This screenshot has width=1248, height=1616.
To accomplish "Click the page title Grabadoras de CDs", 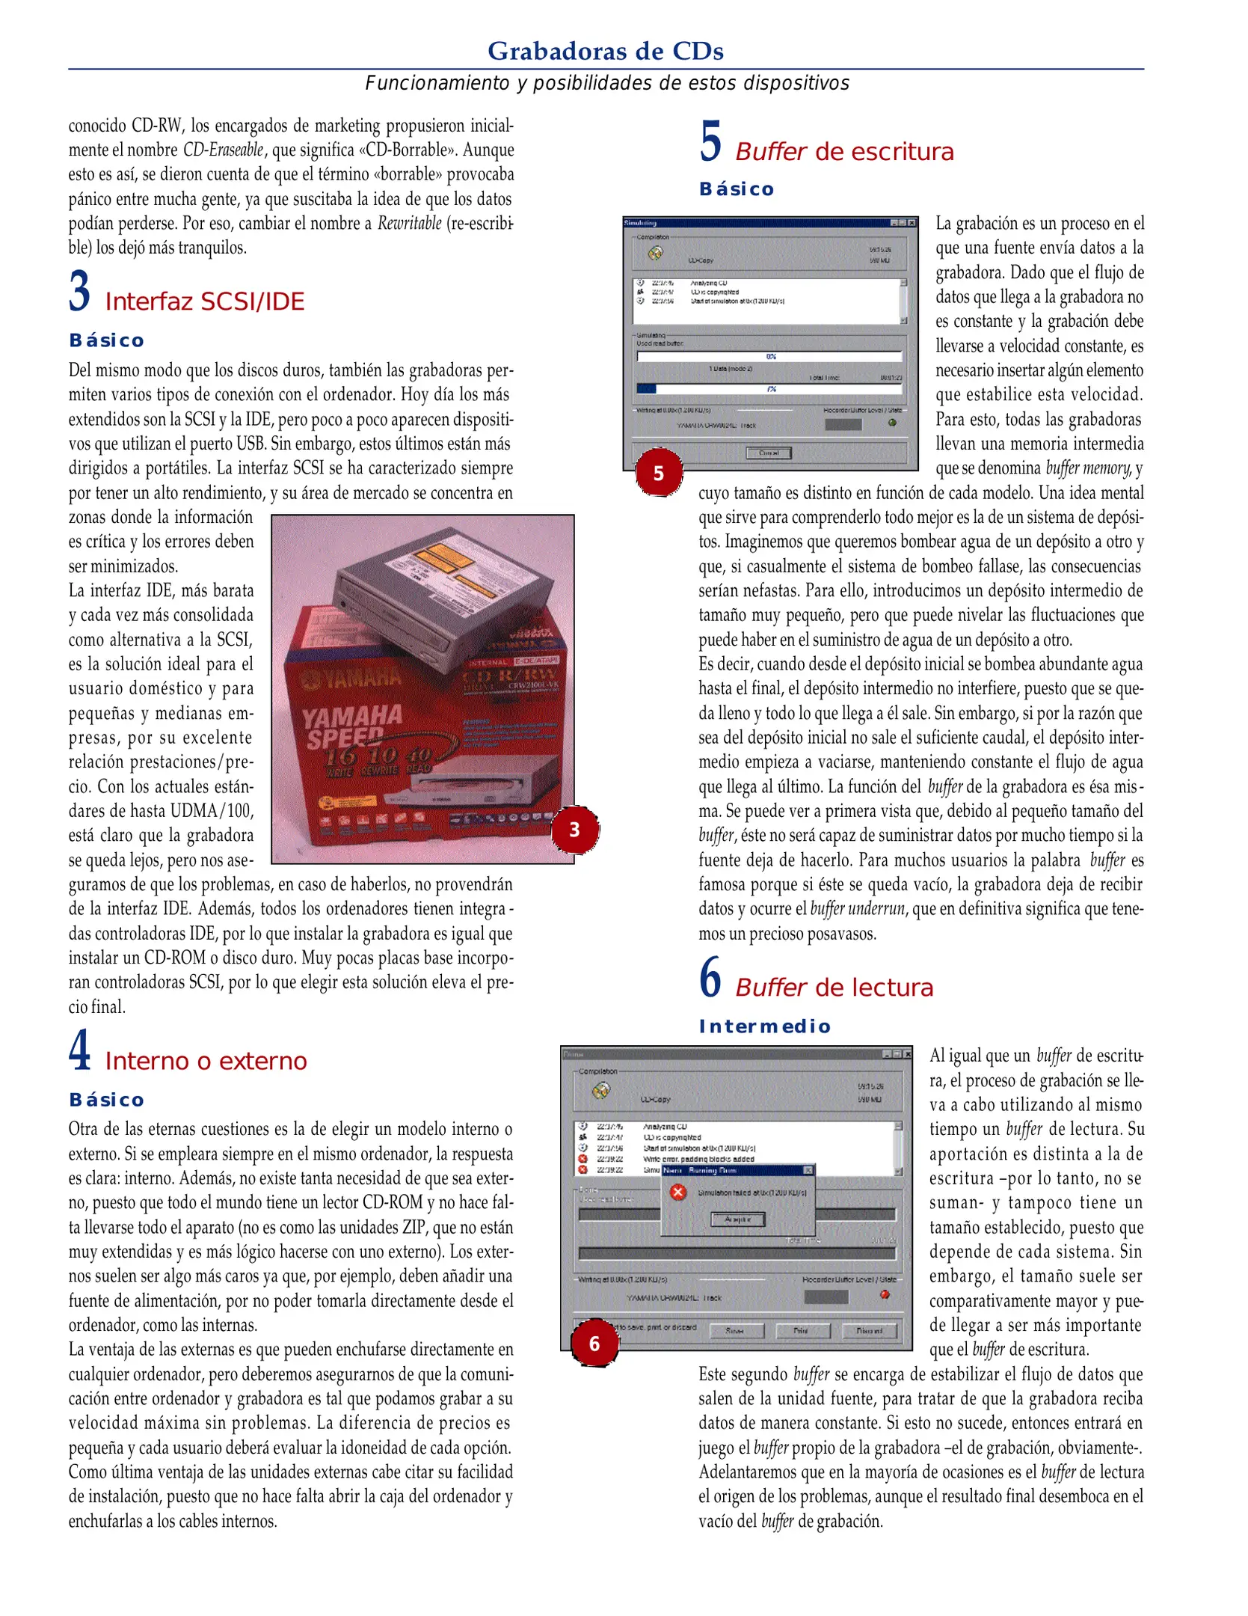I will (x=605, y=51).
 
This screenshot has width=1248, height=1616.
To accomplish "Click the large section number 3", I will (x=79, y=292).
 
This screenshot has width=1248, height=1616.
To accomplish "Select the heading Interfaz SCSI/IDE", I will (x=204, y=302).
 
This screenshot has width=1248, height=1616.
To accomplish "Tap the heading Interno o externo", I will (x=206, y=1061).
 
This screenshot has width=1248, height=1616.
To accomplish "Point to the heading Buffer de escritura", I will (x=844, y=152).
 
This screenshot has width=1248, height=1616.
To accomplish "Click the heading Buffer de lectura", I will (x=834, y=988).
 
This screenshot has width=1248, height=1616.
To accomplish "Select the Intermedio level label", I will (x=764, y=1026).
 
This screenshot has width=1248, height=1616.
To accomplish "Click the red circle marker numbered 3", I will (x=574, y=829).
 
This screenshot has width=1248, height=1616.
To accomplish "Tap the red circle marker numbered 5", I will (x=658, y=473).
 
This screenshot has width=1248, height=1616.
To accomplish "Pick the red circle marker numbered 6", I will (x=594, y=1344).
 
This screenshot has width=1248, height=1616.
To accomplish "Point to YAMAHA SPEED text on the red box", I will (x=351, y=726).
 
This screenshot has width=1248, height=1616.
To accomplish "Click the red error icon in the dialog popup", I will (x=677, y=1192).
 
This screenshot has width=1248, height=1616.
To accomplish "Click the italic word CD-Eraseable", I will (x=223, y=150).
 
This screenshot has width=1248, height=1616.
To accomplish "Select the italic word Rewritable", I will (x=409, y=223).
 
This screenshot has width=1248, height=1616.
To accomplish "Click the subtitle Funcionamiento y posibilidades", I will (x=606, y=83).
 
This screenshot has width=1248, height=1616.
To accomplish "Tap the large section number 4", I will (x=79, y=1050).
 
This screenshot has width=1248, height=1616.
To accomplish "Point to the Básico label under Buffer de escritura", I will (x=737, y=189).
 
